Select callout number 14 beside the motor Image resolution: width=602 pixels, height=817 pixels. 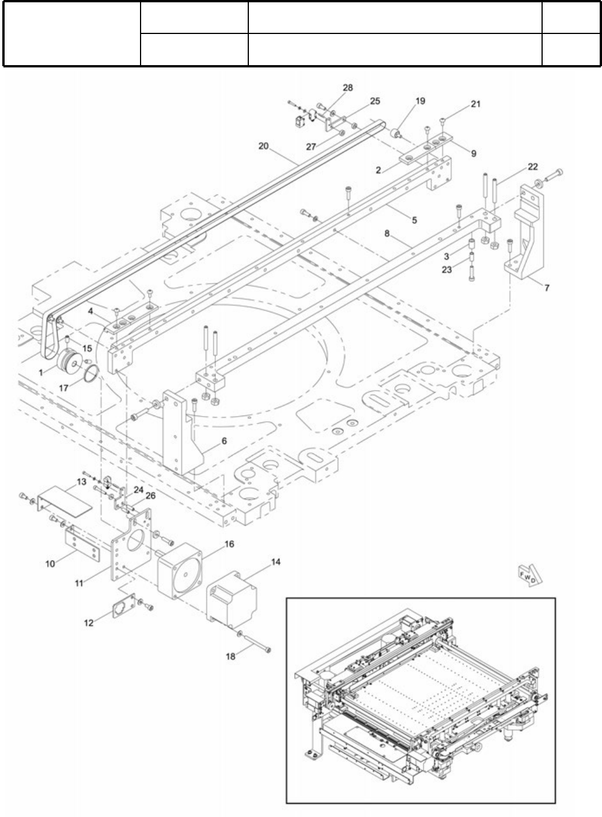[x=276, y=561]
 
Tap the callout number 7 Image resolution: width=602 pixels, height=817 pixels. [x=547, y=288]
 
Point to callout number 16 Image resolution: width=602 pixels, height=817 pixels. [x=229, y=544]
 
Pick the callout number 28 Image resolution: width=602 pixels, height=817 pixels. [x=347, y=88]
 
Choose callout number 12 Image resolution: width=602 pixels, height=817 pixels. [x=89, y=623]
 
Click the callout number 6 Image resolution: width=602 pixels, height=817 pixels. [x=224, y=441]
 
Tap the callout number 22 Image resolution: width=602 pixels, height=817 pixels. [x=533, y=167]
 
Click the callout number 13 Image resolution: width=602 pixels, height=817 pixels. [x=81, y=481]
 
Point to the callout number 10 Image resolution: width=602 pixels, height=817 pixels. [x=50, y=563]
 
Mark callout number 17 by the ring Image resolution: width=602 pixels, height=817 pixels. [x=63, y=388]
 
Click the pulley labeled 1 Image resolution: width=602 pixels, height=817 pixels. [x=70, y=362]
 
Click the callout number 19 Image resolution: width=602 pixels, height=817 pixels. [x=421, y=101]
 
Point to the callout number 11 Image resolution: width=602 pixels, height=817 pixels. [x=79, y=583]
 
